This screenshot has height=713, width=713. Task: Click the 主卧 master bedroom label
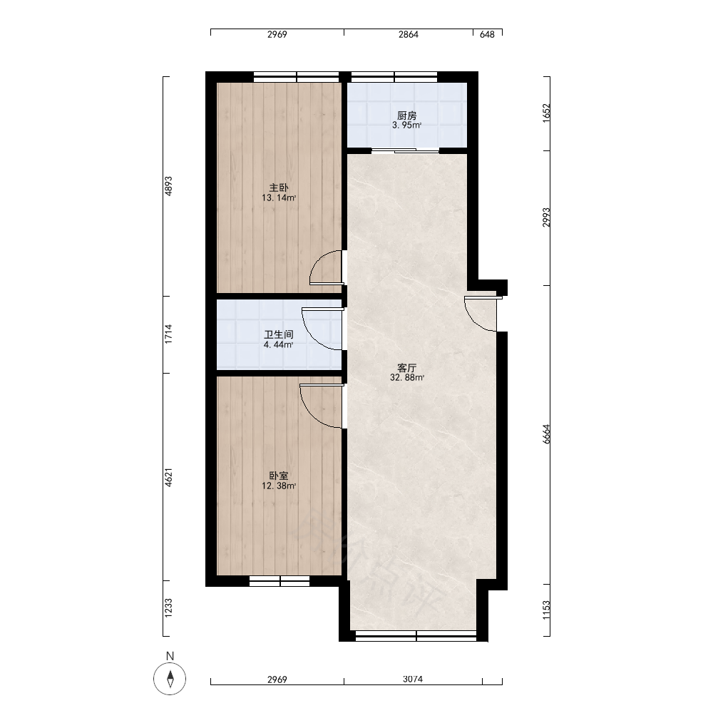(x=279, y=188)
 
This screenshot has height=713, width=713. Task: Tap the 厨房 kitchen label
(x=406, y=116)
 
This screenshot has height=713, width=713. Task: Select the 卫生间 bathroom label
(x=279, y=334)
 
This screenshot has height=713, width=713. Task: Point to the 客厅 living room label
(x=407, y=367)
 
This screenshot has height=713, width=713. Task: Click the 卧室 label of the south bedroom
(x=279, y=476)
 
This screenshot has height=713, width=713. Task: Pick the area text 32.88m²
(x=407, y=377)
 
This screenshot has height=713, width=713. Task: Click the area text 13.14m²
(x=279, y=198)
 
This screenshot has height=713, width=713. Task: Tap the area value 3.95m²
(x=406, y=125)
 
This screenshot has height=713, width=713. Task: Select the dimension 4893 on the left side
(x=168, y=186)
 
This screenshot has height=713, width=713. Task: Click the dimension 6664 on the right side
(x=546, y=434)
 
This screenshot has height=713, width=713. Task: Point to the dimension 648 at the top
(x=487, y=34)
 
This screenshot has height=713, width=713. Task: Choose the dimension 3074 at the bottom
(x=413, y=679)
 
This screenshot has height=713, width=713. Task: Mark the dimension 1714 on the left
(x=168, y=334)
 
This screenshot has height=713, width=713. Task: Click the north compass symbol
(x=170, y=679)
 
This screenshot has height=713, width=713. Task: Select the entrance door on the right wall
(x=481, y=314)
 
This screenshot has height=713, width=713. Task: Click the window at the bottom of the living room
(x=416, y=636)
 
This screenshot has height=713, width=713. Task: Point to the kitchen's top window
(x=394, y=77)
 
